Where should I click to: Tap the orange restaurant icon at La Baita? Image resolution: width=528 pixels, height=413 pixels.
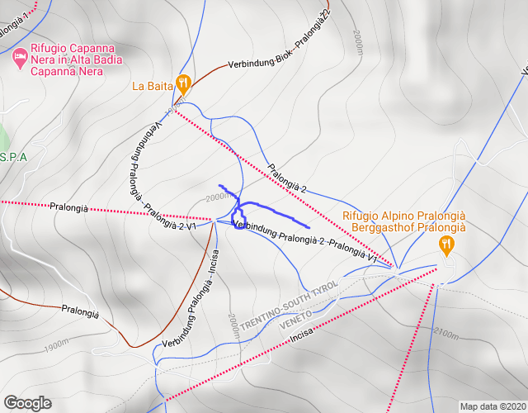pyautogui.click(x=184, y=84)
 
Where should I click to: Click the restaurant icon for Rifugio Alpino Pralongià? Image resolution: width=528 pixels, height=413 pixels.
pyautogui.click(x=446, y=243)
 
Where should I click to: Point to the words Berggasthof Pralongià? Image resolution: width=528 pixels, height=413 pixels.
pyautogui.click(x=408, y=227)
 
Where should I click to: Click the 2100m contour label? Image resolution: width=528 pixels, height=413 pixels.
pyautogui.click(x=444, y=334)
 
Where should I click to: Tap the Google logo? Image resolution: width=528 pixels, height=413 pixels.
pyautogui.click(x=27, y=403)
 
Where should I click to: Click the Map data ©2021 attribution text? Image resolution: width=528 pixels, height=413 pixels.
pyautogui.click(x=493, y=406)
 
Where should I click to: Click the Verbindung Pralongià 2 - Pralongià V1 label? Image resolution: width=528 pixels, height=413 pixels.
pyautogui.click(x=305, y=242)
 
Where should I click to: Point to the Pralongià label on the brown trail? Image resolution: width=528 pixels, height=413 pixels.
pyautogui.click(x=80, y=313)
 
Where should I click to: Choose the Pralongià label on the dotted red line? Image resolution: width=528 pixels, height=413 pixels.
pyautogui.click(x=68, y=207)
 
